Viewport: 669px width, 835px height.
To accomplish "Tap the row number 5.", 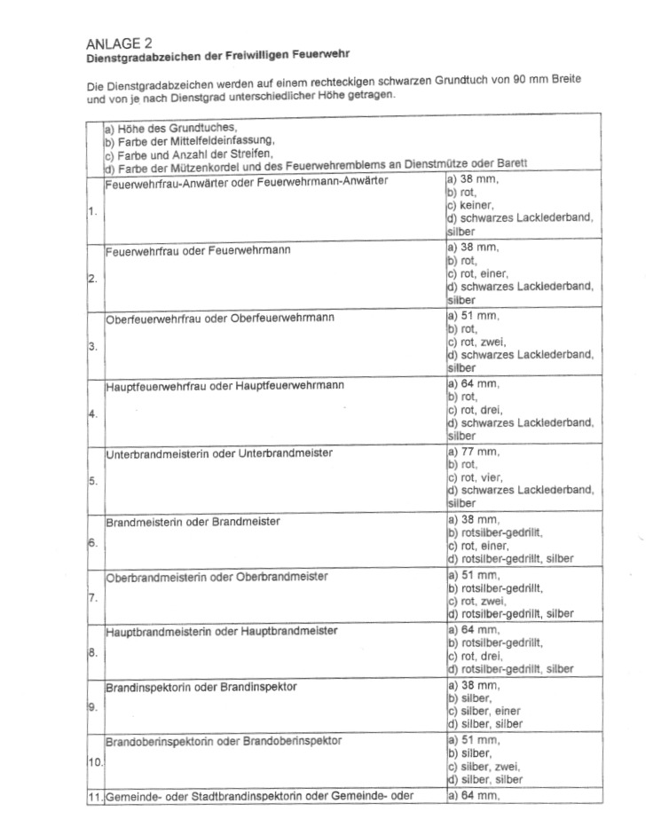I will click(92, 481).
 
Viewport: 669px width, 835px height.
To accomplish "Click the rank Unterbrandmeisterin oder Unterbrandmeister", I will click(219, 453).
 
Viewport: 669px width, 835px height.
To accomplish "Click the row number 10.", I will click(94, 761).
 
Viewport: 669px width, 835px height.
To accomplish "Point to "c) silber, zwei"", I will click(484, 767).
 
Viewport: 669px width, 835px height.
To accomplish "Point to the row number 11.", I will click(94, 796).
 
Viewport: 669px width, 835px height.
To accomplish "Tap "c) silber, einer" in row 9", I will click(484, 712).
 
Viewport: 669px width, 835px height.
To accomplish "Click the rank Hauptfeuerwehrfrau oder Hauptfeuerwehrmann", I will click(224, 386).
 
